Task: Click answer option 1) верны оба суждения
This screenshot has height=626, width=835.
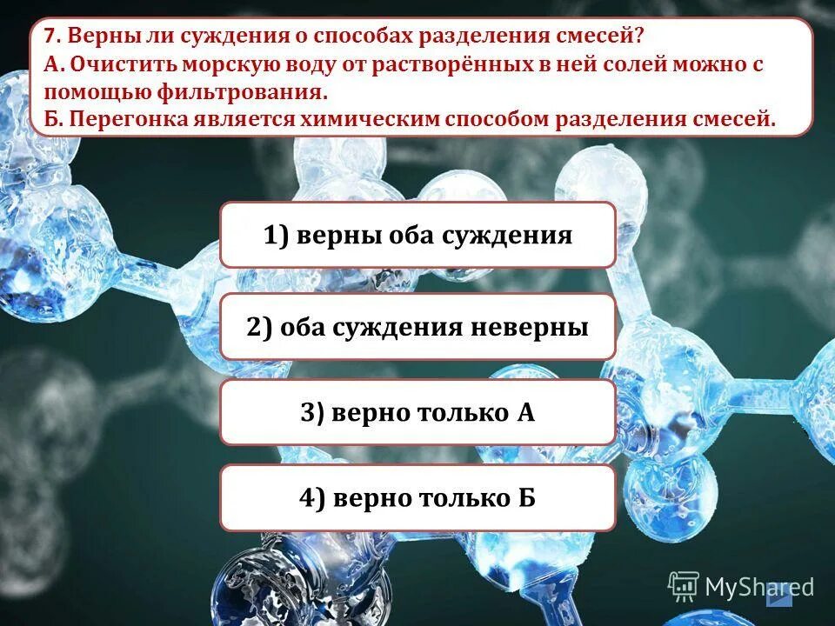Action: (417, 235)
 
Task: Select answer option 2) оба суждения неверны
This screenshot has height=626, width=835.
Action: (417, 327)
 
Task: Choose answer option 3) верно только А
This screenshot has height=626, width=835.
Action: (417, 412)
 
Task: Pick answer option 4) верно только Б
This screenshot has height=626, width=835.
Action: (417, 497)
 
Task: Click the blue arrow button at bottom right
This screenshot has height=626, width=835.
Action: (779, 596)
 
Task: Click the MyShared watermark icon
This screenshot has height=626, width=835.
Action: (683, 585)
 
